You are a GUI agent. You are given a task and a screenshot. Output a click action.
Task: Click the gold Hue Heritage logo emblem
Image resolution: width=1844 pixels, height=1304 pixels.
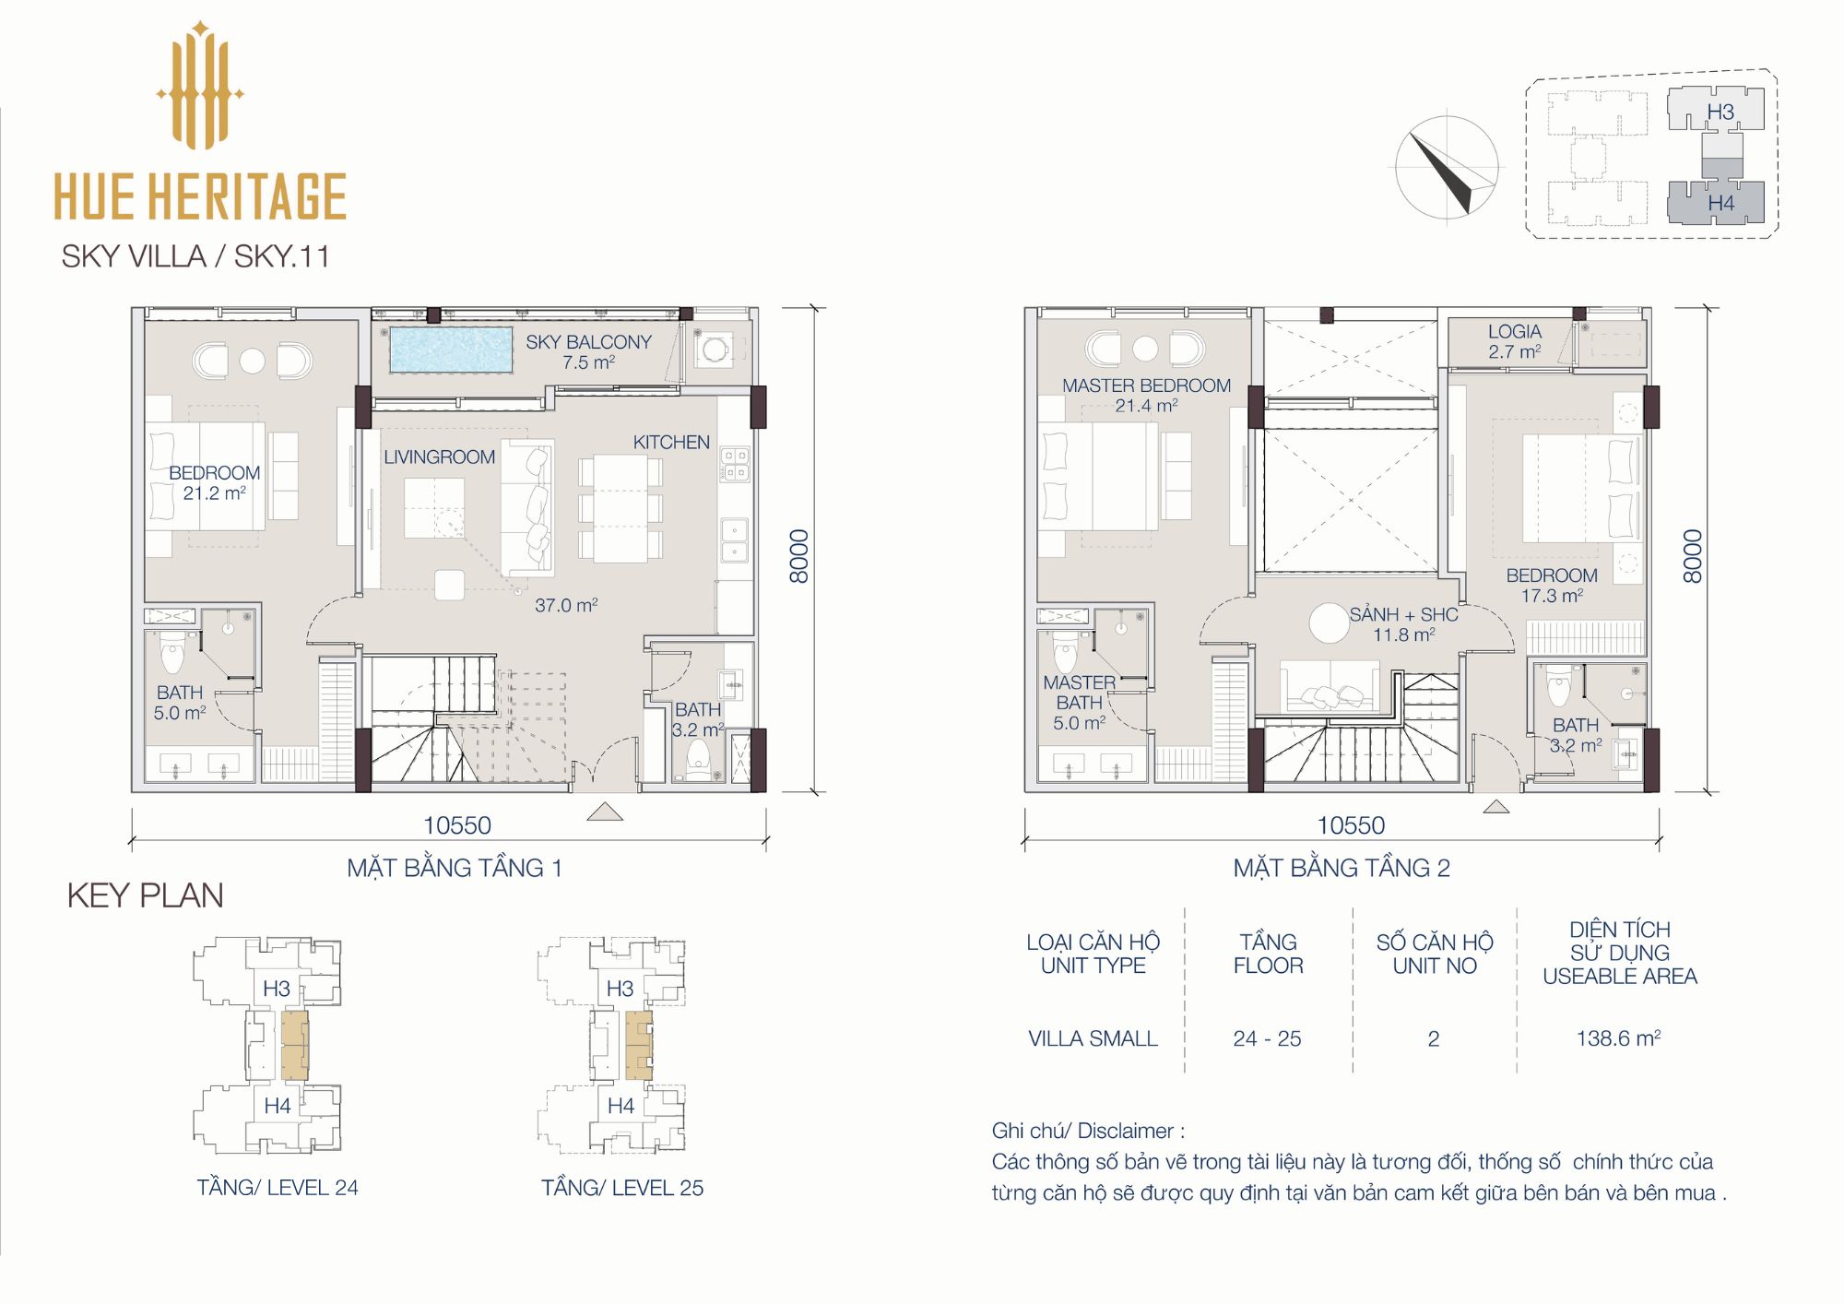click(200, 85)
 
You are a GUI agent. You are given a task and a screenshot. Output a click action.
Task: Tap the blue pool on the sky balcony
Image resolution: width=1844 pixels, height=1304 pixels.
click(451, 350)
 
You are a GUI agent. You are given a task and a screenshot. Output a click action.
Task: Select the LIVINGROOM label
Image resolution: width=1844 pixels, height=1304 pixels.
click(439, 456)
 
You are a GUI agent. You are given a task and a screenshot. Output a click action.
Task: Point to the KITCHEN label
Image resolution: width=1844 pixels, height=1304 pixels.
click(671, 442)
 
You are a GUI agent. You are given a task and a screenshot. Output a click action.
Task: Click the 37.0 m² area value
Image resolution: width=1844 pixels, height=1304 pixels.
click(566, 605)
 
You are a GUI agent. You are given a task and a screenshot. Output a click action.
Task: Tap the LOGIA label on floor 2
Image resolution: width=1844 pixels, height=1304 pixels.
click(1514, 331)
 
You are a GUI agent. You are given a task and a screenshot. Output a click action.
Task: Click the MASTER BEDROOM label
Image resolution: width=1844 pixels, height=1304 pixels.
click(1146, 385)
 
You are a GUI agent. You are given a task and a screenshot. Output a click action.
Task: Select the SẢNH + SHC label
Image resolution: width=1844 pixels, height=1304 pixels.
click(1403, 614)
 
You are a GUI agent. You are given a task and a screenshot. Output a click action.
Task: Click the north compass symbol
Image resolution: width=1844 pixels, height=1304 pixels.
click(1446, 168)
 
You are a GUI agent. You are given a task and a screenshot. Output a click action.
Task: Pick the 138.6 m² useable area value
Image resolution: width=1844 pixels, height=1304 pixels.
click(1618, 1038)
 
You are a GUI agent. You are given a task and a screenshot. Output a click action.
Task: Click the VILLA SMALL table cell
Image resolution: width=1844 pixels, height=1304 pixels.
click(1093, 1038)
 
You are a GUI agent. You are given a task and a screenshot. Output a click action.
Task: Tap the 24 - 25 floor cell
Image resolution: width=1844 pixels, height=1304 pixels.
click(1267, 1038)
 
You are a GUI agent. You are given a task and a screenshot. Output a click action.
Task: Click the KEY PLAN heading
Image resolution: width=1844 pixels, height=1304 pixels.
click(145, 895)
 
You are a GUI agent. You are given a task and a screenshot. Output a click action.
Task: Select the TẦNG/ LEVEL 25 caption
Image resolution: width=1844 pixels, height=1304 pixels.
click(622, 1188)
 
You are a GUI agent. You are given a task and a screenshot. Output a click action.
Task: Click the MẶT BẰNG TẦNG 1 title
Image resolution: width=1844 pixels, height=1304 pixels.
click(455, 868)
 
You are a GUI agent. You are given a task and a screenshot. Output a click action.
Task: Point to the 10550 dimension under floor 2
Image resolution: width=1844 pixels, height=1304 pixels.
click(1351, 825)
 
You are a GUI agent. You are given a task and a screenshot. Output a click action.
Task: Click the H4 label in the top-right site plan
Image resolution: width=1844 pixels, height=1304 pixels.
click(1720, 203)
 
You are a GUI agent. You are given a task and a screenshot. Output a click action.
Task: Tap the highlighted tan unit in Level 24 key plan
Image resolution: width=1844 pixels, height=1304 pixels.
click(294, 1045)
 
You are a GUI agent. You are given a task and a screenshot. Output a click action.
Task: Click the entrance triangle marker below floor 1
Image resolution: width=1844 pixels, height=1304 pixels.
click(604, 812)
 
